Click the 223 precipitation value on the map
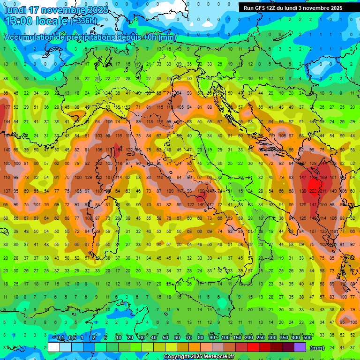[313, 191]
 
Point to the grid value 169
[323, 178]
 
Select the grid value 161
[333, 178]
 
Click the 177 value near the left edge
[7, 107]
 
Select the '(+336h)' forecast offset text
[84, 21]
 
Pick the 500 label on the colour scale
[307, 338]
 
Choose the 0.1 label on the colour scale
[60, 338]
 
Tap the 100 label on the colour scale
[225, 338]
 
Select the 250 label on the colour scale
[261, 338]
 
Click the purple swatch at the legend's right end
[300, 347]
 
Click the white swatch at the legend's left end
[54, 347]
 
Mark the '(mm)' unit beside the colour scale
[317, 347]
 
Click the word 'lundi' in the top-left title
[15, 10]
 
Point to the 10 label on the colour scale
[119, 338]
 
